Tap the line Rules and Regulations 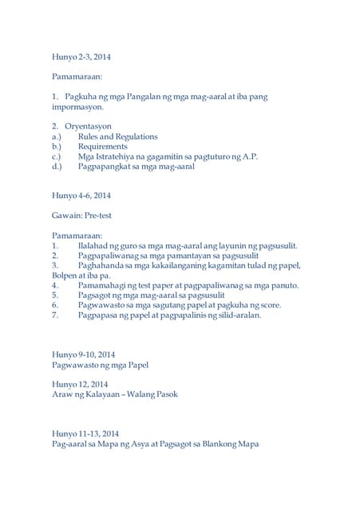[117, 137]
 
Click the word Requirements [102, 147]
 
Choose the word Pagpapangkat [107, 168]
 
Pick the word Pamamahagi [105, 285]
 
